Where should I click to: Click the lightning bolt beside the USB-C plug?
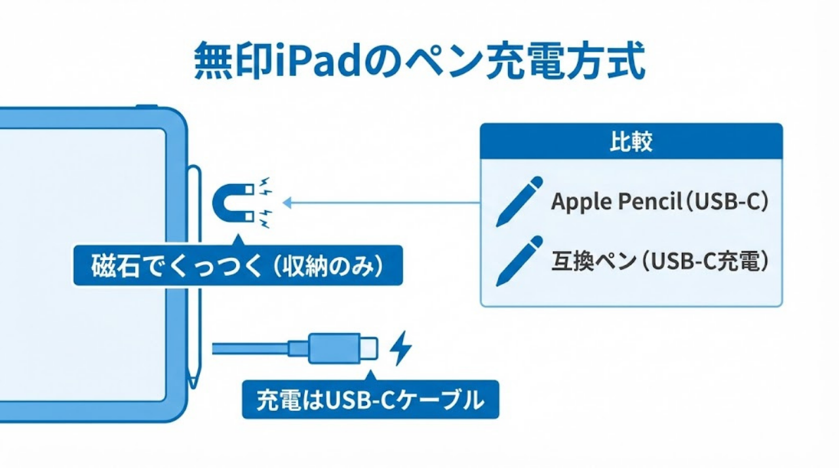tap(400, 348)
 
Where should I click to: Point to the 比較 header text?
tap(631, 142)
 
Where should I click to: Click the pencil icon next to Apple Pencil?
tap(520, 201)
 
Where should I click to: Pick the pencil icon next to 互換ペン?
tap(520, 260)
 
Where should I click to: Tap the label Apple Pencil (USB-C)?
tap(659, 202)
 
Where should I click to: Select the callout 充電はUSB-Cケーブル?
tap(370, 399)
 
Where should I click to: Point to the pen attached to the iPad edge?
tap(194, 275)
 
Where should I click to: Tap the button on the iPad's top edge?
tap(147, 106)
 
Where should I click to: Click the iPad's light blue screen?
tap(82, 262)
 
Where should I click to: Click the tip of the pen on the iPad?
tap(193, 384)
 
